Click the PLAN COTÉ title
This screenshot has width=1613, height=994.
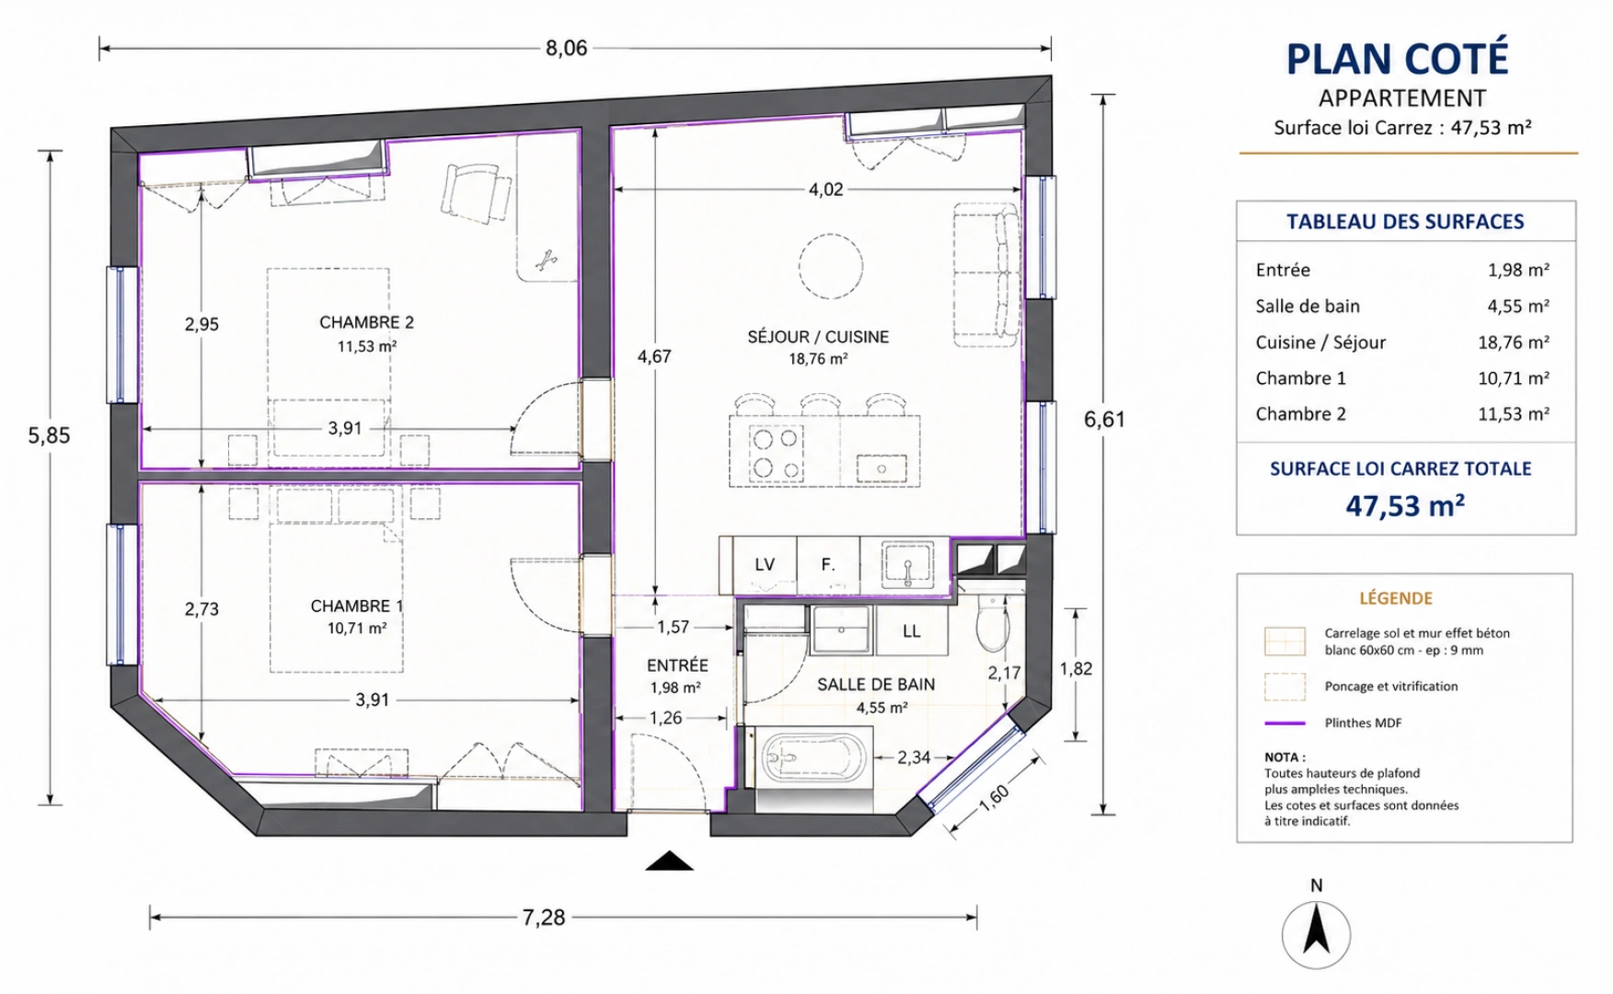point(1397,59)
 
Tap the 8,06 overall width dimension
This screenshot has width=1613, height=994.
point(566,48)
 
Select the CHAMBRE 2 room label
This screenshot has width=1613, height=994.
point(366,322)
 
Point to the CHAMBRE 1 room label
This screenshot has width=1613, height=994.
point(356,606)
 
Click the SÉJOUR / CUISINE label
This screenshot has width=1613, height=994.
point(818,337)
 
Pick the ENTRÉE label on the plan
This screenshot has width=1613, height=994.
point(677,665)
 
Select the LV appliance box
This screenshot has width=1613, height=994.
point(765,565)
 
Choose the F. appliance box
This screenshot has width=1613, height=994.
point(828,565)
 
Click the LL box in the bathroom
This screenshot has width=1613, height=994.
point(911,630)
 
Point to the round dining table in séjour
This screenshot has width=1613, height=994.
point(831,267)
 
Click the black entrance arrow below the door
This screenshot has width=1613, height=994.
point(669,861)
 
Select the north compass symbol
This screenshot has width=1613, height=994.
point(1317,934)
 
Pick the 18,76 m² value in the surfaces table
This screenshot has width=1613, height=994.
point(1514,342)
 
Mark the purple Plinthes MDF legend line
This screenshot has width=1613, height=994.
point(1285,723)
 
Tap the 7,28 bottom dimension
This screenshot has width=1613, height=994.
point(544,917)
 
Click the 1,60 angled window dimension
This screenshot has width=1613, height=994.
point(994,797)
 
